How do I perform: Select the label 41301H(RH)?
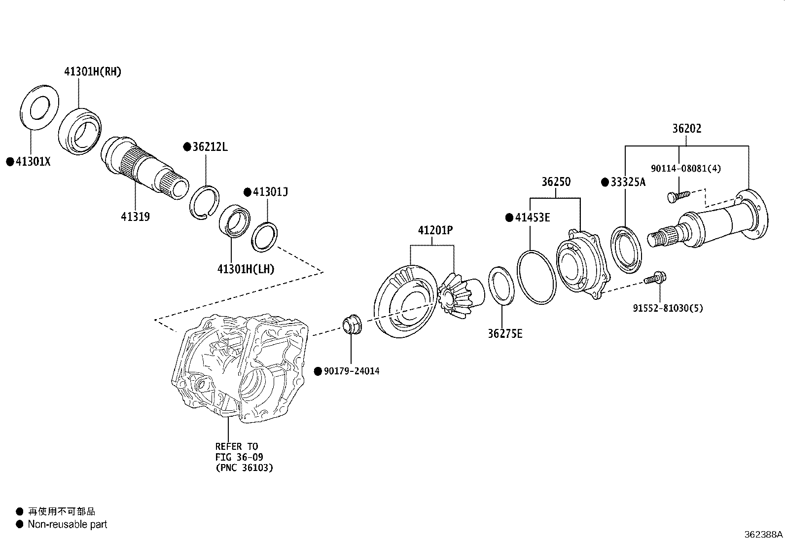pos(92,72)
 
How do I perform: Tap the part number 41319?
pos(135,216)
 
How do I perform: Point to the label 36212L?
pos(210,146)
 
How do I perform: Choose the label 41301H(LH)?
pos(246,269)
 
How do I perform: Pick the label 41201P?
pos(435,230)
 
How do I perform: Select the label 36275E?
pos(505,333)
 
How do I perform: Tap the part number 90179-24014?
pos(352,371)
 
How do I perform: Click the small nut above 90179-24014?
pos(351,324)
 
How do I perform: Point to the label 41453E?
pos(532,217)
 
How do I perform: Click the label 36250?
pos(556,181)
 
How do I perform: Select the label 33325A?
pos(627,182)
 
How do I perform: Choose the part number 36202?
pos(686,128)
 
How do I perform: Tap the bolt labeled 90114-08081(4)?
pos(678,196)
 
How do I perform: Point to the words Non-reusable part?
pos(67,524)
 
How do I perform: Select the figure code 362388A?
pos(763,534)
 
